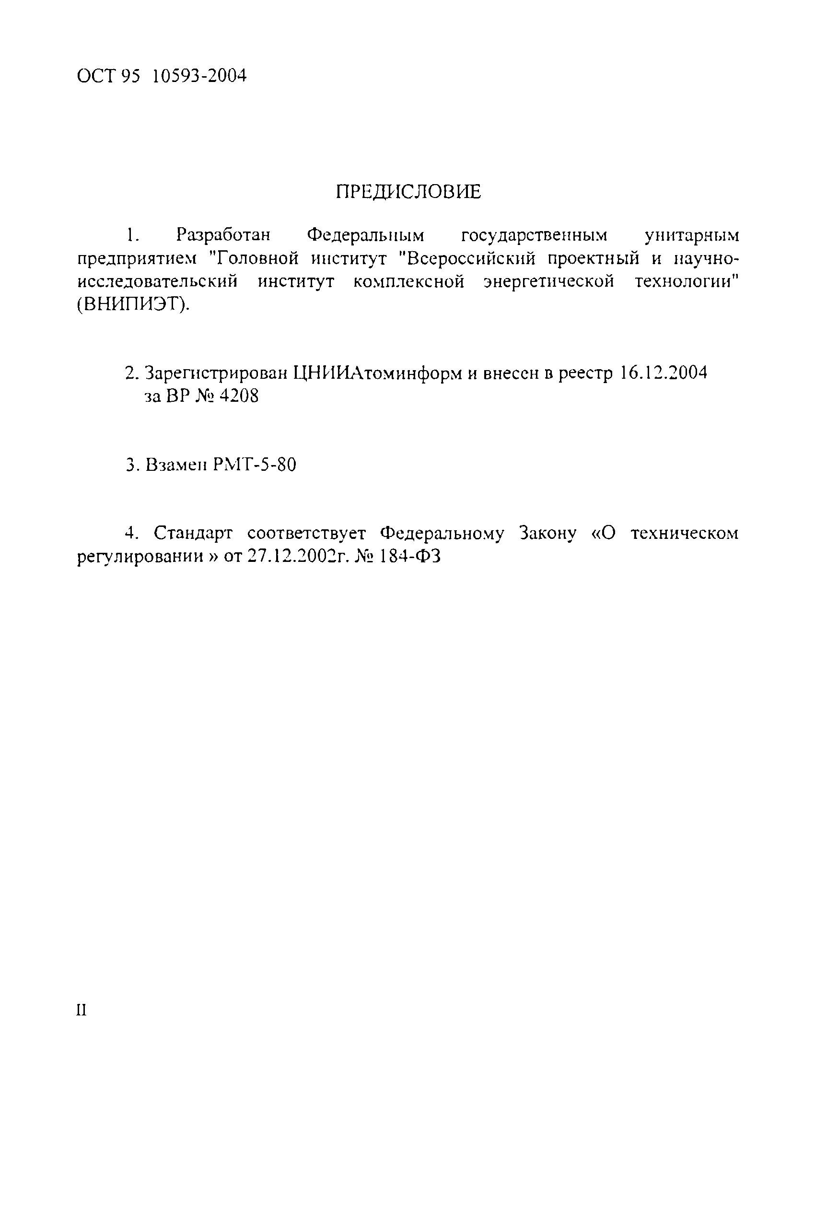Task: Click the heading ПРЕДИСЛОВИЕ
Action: tap(408, 192)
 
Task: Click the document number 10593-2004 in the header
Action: tap(200, 76)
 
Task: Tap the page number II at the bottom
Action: tap(81, 1010)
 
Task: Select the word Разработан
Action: tap(223, 235)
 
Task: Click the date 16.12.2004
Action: tap(664, 373)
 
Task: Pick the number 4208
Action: tap(239, 396)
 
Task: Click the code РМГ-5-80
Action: tap(255, 464)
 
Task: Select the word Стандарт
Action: tap(193, 533)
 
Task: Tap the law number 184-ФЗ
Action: tap(411, 557)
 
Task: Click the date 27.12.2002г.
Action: tap(297, 557)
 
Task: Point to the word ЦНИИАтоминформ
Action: tap(378, 373)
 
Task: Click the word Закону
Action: tap(548, 533)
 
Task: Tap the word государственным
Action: tap(535, 235)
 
